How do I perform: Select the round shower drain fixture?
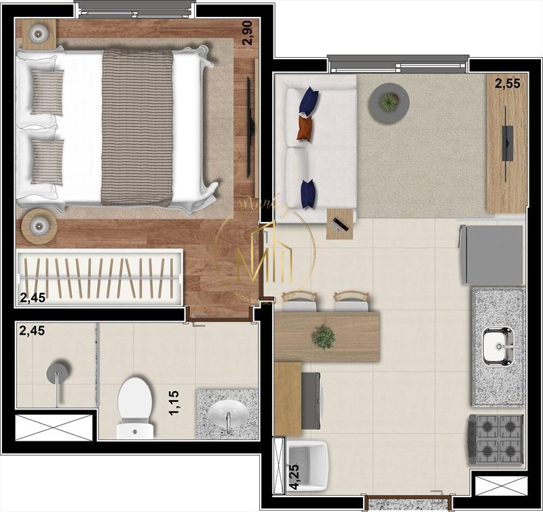click(x=56, y=372)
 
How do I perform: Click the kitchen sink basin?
click(x=498, y=346)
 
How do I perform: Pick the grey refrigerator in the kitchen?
click(x=492, y=255)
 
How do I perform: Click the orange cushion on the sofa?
click(x=305, y=127)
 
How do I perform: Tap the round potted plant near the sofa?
click(x=388, y=103)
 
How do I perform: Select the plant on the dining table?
click(x=324, y=337)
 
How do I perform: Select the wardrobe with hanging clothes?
click(x=99, y=277)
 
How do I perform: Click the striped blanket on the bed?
click(x=137, y=127)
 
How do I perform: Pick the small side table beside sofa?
click(x=339, y=223)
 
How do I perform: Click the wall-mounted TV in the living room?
click(x=507, y=143)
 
